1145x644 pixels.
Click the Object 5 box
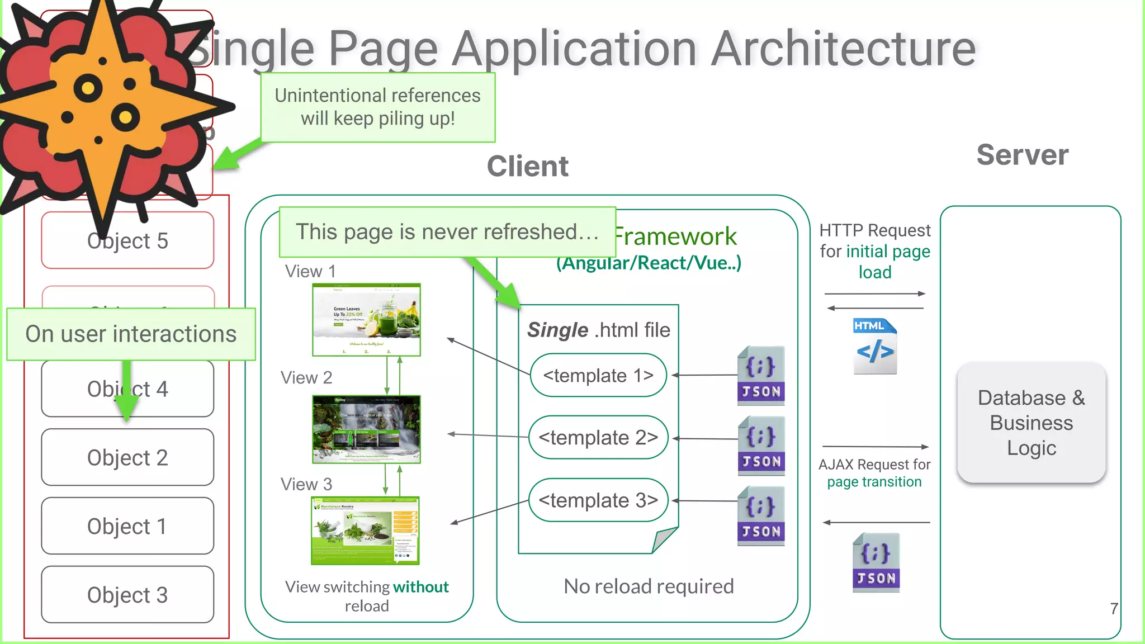tap(127, 241)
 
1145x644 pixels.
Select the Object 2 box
tap(127, 458)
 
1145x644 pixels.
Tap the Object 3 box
tap(127, 595)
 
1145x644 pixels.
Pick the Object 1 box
tap(127, 526)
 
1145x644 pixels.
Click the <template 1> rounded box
tap(598, 375)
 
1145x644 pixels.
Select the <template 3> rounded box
tap(598, 500)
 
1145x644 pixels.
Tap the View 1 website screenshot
tap(366, 320)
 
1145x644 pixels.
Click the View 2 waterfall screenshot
tap(366, 429)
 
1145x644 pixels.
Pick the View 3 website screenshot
tap(365, 531)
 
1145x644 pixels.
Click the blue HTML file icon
tap(875, 346)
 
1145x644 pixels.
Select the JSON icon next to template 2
tap(761, 446)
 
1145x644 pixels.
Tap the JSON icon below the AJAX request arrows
tap(876, 562)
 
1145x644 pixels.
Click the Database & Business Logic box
tap(1032, 423)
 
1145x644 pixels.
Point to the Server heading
tap(1022, 155)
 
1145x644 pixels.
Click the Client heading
tap(527, 166)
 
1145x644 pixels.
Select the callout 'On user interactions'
tap(131, 334)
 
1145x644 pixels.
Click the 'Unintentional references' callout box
tap(377, 107)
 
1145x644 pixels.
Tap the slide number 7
tap(1114, 609)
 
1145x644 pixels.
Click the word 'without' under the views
tap(420, 587)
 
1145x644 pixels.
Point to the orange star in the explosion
tap(101, 106)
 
